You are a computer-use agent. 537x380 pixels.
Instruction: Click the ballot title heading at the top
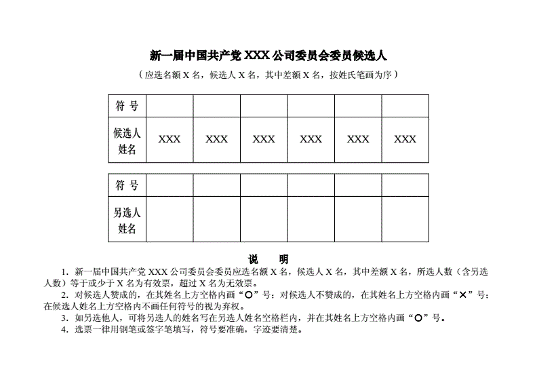point(268,55)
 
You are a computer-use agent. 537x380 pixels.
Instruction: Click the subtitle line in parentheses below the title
point(268,75)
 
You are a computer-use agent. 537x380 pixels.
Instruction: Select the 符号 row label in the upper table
point(127,106)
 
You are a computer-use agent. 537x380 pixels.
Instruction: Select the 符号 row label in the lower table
point(127,185)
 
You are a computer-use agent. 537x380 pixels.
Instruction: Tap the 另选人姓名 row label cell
point(127,219)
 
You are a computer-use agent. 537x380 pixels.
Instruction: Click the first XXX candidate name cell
point(170,140)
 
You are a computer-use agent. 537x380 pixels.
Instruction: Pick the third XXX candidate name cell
point(264,140)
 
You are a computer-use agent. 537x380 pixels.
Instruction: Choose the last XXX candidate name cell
point(405,140)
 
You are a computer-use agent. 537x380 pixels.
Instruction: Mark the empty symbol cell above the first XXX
point(170,106)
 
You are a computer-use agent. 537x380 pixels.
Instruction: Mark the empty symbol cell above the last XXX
point(405,106)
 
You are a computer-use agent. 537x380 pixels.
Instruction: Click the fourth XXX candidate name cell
point(311,140)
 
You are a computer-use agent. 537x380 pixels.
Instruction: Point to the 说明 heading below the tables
point(268,259)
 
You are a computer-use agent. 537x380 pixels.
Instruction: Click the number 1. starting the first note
point(64,271)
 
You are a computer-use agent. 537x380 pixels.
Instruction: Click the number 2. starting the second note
point(64,294)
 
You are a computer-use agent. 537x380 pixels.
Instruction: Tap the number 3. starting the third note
point(64,318)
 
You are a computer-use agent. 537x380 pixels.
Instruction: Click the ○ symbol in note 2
point(250,294)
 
